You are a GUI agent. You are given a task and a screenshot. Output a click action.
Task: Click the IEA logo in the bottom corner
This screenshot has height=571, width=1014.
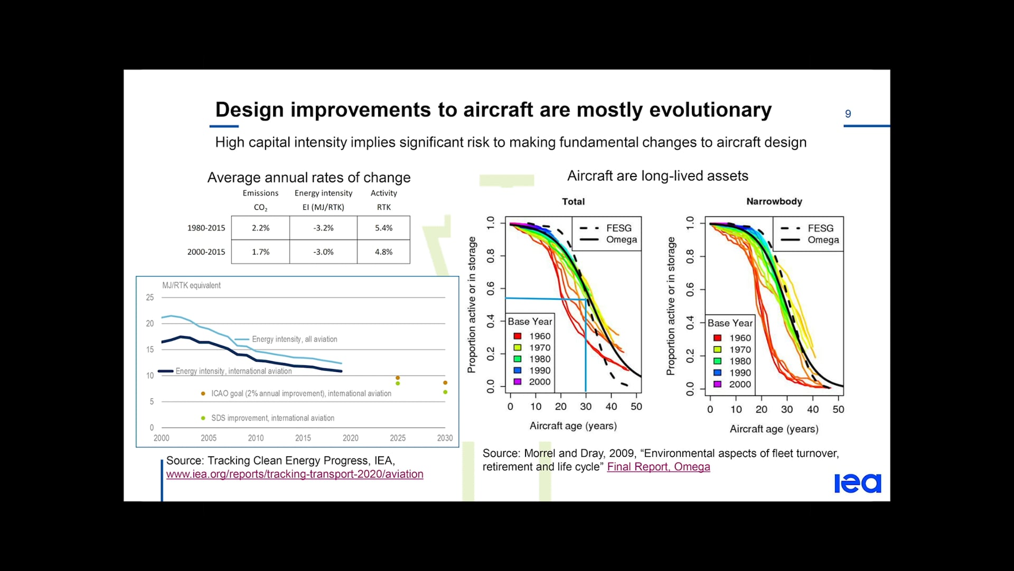[x=857, y=483]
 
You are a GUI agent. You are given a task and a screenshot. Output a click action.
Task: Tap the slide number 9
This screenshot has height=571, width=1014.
[x=848, y=114]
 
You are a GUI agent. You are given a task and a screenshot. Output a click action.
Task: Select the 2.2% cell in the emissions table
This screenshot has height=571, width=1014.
[x=260, y=228]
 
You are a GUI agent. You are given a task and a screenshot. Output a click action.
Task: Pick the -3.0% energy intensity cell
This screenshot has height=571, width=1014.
[x=323, y=252]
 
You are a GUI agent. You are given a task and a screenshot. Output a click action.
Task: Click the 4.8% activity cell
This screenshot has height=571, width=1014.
[x=383, y=252]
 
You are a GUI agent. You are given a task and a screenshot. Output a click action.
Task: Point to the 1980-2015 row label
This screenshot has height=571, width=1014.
[x=206, y=228]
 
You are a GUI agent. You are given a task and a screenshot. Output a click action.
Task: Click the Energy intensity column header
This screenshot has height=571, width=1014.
[x=323, y=194]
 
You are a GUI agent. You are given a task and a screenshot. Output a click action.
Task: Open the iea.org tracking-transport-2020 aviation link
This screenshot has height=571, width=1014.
[x=295, y=474]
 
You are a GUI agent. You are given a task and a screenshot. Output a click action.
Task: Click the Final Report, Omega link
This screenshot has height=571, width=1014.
[x=658, y=467]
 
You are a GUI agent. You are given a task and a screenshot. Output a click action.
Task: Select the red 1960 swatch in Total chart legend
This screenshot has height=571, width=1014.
[x=518, y=336]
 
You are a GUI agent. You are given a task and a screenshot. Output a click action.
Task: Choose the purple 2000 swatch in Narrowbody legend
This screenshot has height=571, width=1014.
[x=717, y=384]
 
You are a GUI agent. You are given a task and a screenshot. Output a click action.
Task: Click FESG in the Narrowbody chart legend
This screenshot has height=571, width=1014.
[x=820, y=228]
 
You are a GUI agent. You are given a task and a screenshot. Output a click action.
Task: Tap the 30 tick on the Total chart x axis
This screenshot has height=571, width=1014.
[x=586, y=407]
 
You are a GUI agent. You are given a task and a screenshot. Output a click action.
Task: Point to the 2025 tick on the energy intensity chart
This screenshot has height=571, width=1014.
[x=398, y=438]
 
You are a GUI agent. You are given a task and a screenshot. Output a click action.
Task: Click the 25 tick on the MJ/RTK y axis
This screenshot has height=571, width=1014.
[x=150, y=298]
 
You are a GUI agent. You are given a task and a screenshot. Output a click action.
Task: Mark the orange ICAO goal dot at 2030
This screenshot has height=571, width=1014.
[x=445, y=382]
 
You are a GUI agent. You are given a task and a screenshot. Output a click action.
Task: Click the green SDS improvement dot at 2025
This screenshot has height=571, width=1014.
[x=398, y=383]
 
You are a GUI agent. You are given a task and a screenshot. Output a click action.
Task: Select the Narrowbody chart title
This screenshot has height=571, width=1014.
[x=774, y=201]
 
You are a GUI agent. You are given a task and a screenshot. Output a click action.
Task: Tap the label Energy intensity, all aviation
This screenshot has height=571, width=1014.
[x=294, y=339]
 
